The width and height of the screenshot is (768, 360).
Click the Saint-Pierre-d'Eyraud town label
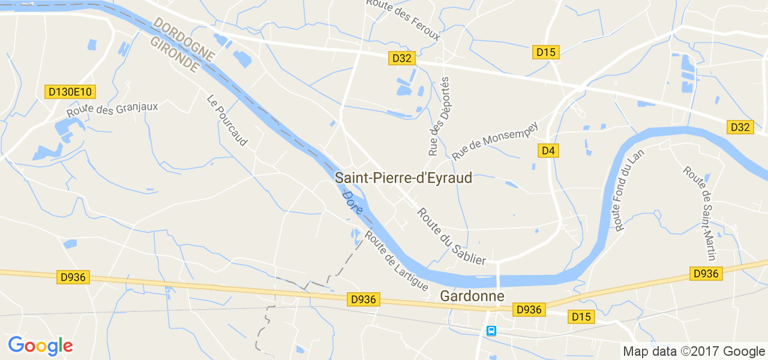403,178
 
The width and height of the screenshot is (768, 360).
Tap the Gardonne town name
472,296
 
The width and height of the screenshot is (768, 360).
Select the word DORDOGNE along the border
184,39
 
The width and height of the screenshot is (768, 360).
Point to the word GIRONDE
174,55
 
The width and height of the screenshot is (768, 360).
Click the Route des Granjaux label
112,110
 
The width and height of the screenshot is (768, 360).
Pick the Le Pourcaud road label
227,120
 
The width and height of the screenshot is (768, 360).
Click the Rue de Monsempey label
495,142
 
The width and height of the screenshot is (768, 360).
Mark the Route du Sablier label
451,236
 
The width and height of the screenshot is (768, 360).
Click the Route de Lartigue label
396,261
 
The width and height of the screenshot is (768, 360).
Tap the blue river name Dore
352,203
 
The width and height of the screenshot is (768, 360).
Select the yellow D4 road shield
548,151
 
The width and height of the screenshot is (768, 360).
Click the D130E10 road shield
70,92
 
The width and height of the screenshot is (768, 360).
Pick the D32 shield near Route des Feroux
401,58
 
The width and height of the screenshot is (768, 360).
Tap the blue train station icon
491,331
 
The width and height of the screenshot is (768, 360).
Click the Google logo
40,346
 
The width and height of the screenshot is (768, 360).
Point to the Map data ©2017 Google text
694,352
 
